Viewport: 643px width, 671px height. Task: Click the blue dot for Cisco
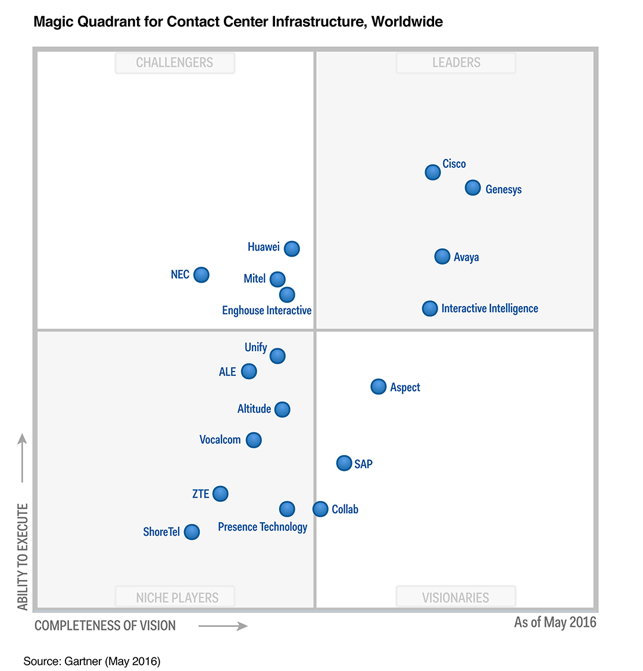[x=433, y=172]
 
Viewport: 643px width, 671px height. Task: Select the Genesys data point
[x=473, y=188]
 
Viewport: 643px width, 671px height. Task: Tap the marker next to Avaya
[x=442, y=256]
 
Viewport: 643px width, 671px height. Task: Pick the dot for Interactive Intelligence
[x=430, y=308]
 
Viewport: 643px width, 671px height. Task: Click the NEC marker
[x=202, y=274]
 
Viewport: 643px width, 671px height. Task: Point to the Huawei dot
[x=292, y=248]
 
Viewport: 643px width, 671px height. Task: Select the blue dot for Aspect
[x=379, y=386]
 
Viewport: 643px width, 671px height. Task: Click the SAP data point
[x=344, y=463]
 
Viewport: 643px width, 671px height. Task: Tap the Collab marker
[x=320, y=509]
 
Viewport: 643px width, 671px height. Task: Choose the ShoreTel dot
[x=192, y=532]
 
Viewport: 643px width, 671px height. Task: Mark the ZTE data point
[x=220, y=494]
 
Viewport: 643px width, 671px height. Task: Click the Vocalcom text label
[x=220, y=440]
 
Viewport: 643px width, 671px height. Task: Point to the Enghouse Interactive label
[x=267, y=311]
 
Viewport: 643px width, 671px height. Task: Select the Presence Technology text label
[x=263, y=527]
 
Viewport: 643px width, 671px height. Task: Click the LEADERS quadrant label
[x=456, y=63]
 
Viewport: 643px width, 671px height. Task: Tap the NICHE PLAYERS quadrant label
[x=177, y=598]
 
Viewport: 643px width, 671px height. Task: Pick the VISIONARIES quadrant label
[x=455, y=598]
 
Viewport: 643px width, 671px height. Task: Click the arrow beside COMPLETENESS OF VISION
[x=223, y=626]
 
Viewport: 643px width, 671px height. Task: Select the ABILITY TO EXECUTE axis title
[x=23, y=556]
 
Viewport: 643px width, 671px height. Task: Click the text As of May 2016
[x=555, y=622]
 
